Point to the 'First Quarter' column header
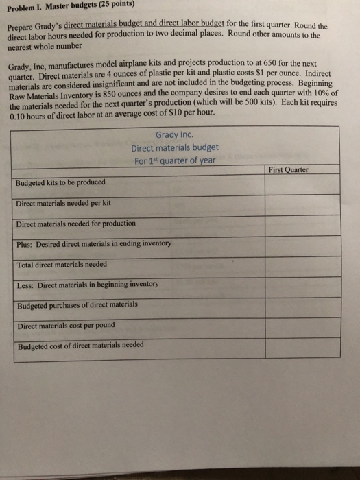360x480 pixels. pos(289,169)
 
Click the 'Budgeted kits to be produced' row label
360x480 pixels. pos(61,183)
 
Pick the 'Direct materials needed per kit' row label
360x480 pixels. pos(63,203)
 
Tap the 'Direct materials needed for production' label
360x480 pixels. pos(76,224)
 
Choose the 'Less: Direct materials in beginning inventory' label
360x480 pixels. pos(88,284)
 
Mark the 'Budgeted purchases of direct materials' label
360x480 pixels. pos(77,304)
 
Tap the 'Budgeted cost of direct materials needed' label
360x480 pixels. pos(80,344)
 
